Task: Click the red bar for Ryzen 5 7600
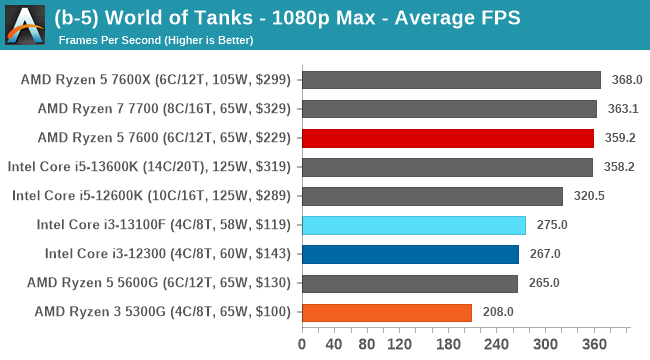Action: pos(448,138)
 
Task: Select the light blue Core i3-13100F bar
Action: pos(413,225)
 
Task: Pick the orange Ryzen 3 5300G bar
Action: pos(386,312)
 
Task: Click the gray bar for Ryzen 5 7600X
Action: pos(451,80)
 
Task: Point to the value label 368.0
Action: pos(626,80)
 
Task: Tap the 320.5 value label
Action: pos(588,196)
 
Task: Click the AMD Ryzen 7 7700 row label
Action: pos(164,109)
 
